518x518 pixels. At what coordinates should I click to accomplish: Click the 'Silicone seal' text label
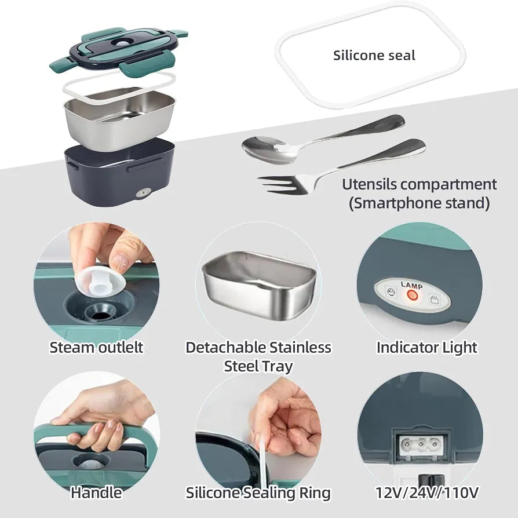374,56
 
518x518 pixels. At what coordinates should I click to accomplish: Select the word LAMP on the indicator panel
411,285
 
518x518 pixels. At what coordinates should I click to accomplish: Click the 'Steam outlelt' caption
96,348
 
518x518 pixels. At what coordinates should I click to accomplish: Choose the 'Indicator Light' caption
427,348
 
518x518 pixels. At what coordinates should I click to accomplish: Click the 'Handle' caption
96,493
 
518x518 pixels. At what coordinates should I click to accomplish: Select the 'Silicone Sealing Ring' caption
258,493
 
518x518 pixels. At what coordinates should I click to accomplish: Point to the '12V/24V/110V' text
427,493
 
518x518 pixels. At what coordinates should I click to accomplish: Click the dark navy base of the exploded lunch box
120,176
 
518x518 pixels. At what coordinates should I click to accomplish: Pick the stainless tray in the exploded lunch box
119,118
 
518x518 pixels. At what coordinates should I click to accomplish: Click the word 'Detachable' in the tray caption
225,348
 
